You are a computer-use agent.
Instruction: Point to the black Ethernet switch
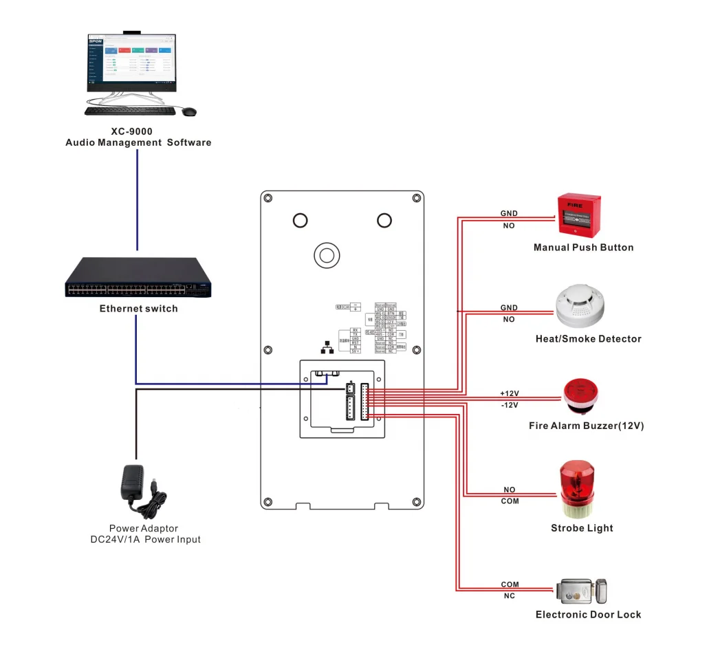[138, 278]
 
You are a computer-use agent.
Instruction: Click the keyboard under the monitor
[130, 111]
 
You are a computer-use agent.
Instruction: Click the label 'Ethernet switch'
[138, 309]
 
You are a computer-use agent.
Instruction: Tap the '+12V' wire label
[509, 393]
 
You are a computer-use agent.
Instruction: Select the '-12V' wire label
[509, 405]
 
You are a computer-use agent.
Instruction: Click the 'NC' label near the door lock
[509, 596]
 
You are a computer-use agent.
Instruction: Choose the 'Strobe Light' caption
[582, 528]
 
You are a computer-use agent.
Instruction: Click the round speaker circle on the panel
[327, 255]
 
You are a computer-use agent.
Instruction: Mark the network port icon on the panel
[327, 348]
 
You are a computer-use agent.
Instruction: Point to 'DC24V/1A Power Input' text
[146, 540]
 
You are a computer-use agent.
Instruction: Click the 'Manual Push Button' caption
[583, 248]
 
